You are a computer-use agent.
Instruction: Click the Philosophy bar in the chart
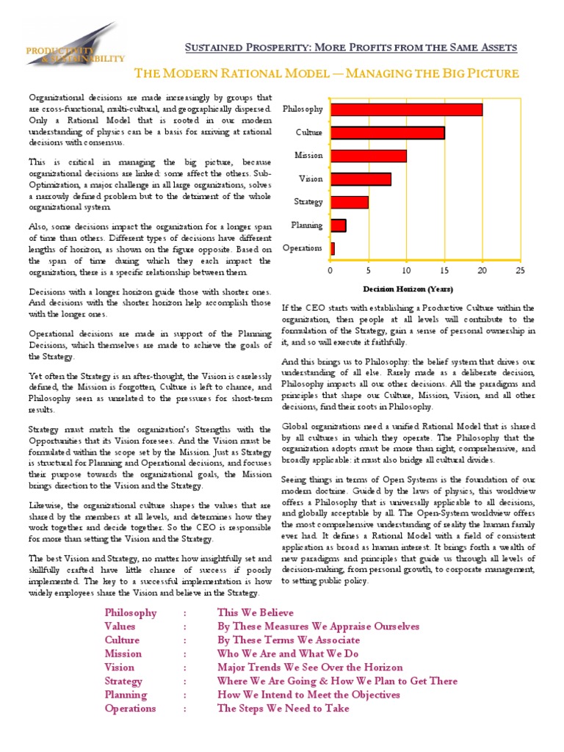[x=406, y=109]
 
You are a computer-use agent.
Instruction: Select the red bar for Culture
[x=387, y=133]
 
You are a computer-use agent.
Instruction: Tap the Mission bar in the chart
[x=368, y=156]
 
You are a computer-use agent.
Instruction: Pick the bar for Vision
[x=361, y=178]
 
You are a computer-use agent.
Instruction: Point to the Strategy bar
[x=349, y=202]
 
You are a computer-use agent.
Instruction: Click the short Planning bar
[x=338, y=225]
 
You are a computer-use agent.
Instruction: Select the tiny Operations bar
[x=333, y=248]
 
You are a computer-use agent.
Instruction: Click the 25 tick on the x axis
[x=520, y=271]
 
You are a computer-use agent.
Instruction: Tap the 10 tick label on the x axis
[x=406, y=271]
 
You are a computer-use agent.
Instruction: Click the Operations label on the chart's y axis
[x=302, y=248]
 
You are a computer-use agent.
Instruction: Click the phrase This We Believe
[x=255, y=612]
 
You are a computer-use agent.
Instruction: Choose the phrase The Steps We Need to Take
[x=283, y=709]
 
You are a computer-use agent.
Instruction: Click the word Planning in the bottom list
[x=126, y=695]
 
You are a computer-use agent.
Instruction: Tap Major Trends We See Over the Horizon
[x=310, y=668]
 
